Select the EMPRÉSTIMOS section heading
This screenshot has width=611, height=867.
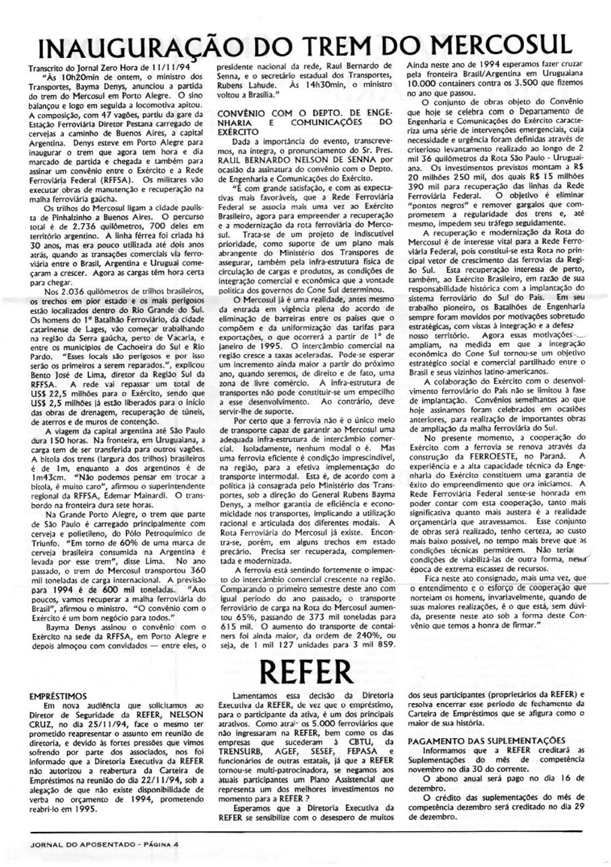(58, 695)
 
